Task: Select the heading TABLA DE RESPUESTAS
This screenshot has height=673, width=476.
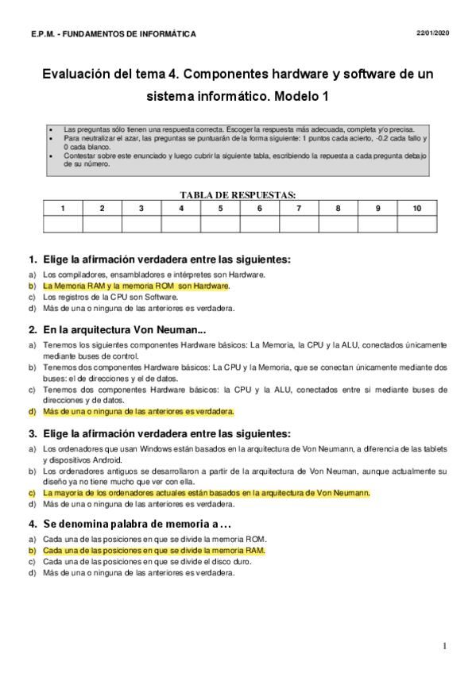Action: pos(238,194)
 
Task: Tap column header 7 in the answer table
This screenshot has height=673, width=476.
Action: pos(299,208)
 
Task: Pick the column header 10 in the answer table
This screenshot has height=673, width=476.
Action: pos(417,208)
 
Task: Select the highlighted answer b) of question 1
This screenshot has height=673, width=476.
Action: pos(136,286)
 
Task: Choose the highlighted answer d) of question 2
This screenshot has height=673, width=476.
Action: pos(138,412)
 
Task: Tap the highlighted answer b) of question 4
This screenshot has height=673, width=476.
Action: pos(154,550)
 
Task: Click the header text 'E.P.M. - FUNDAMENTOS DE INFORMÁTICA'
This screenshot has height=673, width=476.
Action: pos(113,34)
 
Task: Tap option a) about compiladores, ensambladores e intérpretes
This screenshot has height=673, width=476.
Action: pos(154,275)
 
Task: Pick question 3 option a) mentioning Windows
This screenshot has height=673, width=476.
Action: pos(238,453)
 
